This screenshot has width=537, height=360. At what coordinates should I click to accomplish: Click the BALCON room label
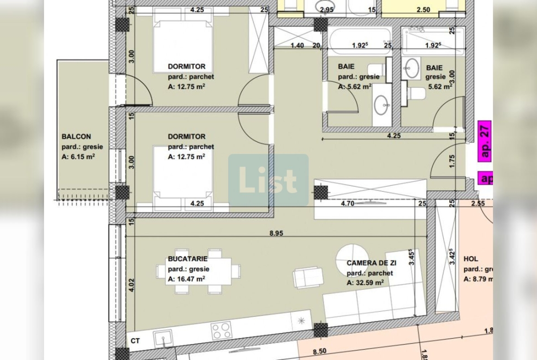(76, 137)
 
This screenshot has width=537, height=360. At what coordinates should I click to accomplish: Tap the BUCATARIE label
(188, 259)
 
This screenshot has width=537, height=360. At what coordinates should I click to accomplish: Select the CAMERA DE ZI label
(371, 263)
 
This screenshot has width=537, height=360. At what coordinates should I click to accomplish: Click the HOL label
(470, 259)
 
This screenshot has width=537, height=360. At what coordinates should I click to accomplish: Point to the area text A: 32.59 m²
(365, 283)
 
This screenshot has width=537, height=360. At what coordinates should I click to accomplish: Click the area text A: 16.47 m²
(186, 279)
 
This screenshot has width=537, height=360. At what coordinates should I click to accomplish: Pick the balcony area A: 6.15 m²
(78, 156)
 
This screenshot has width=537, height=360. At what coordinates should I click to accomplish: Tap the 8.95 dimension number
(276, 233)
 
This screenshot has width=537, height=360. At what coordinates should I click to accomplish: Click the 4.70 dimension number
(347, 204)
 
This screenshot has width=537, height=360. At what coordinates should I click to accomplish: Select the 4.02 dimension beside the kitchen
(132, 285)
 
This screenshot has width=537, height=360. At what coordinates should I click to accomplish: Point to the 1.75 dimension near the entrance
(452, 161)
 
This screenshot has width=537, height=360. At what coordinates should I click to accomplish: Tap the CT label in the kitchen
(135, 341)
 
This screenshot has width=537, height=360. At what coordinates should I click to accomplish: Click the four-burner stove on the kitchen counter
(221, 331)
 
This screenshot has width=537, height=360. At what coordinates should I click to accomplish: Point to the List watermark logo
(268, 180)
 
